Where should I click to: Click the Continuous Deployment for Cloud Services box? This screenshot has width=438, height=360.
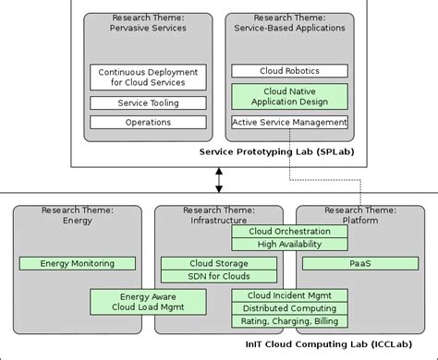pos(148,77)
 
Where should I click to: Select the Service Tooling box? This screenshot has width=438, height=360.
pos(148,103)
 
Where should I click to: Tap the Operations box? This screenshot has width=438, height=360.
pos(148,122)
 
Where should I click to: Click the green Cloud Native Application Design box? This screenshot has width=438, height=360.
pos(289,96)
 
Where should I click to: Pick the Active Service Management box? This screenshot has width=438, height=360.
pos(289,122)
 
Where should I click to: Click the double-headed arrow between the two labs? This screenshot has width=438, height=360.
pos(219,177)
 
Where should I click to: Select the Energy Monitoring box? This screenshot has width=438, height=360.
pos(78,263)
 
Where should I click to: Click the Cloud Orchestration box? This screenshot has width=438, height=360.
pos(289,232)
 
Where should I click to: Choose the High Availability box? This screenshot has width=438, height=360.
pos(289,244)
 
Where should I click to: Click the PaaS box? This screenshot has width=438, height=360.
pos(361,263)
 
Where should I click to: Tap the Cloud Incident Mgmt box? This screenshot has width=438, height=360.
pos(289,295)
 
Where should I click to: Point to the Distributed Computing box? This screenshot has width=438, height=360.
pos(289,308)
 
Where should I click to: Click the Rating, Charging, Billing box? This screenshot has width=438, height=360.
pos(289,321)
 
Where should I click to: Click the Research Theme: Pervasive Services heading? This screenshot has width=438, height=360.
pos(148,23)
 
